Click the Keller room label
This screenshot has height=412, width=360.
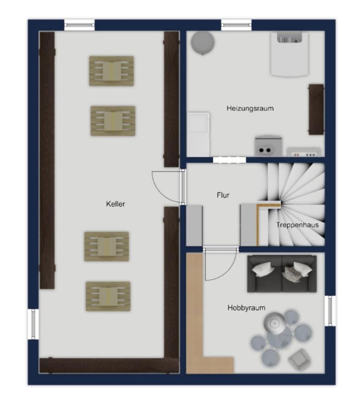pyautogui.click(x=115, y=204)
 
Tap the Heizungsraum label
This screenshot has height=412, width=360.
pyautogui.click(x=250, y=108)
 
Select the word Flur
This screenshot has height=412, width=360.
pyautogui.click(x=223, y=195)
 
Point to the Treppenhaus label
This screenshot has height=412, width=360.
pyautogui.click(x=297, y=225)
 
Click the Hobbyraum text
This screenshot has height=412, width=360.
pyautogui.click(x=246, y=308)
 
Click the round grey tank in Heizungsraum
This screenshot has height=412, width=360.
pyautogui.click(x=203, y=43)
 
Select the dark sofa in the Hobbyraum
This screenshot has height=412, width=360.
pyautogui.click(x=282, y=274)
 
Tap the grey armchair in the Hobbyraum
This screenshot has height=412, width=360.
pyautogui.click(x=299, y=358)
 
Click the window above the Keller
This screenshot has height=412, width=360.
pyautogui.click(x=79, y=25)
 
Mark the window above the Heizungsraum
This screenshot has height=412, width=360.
pyautogui.click(x=236, y=25)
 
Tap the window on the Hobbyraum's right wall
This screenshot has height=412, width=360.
pyautogui.click(x=330, y=310)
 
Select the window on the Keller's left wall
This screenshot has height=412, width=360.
pyautogui.click(x=33, y=324)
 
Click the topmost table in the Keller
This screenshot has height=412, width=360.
pyautogui.click(x=112, y=71)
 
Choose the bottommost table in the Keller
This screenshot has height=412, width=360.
pyautogui.click(x=108, y=296)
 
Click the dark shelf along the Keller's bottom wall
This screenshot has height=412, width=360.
pyautogui.click(x=109, y=365)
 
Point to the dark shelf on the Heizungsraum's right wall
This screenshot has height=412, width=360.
pyautogui.click(x=316, y=109)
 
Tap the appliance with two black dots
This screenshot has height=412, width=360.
pyautogui.click(x=269, y=146)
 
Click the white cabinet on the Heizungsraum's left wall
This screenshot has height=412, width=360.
pyautogui.click(x=199, y=134)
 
